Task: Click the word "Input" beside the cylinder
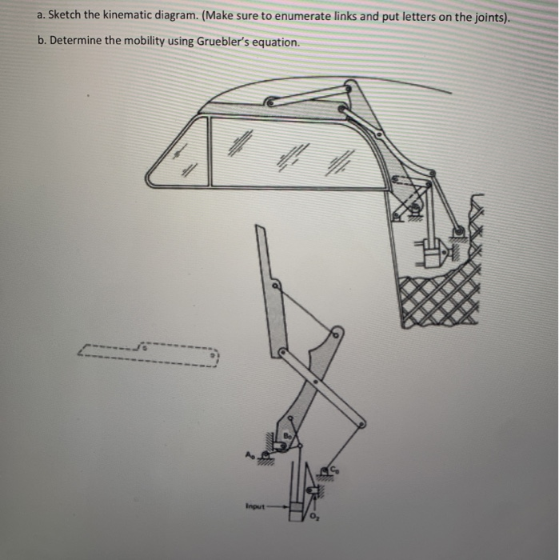(x=254, y=506)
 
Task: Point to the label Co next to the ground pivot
(x=337, y=470)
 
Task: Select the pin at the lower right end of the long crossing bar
(x=362, y=423)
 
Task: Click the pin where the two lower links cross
(x=315, y=382)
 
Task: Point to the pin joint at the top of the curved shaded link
(x=336, y=330)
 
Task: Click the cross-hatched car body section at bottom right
(x=440, y=300)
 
